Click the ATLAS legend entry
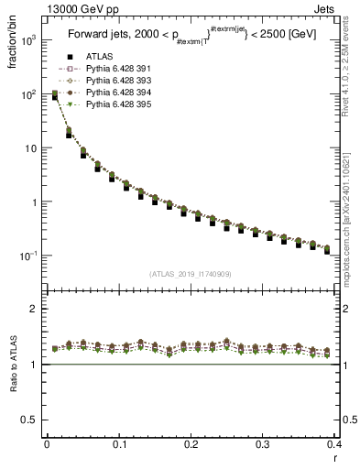point(92,57)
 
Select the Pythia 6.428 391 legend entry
point(109,69)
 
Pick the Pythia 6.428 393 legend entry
point(109,81)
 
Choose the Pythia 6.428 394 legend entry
point(109,93)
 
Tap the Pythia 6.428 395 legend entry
point(109,104)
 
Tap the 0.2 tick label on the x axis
point(191,444)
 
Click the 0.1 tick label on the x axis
point(119,444)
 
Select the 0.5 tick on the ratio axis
point(32,420)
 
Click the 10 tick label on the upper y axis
point(30,148)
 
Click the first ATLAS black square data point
point(55,96)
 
